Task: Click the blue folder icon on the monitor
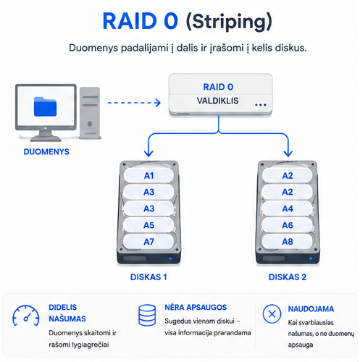[45, 106]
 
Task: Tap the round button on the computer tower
[90, 124]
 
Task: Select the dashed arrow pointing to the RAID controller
[134, 103]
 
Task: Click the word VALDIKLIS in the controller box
[217, 101]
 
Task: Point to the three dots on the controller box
[261, 105]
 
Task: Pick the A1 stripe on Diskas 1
[148, 175]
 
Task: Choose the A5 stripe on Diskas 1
[148, 225]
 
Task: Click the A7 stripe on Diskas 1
[148, 242]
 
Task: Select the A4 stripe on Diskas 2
[288, 209]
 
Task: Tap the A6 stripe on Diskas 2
[288, 225]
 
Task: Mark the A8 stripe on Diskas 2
[288, 242]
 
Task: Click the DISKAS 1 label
[148, 277]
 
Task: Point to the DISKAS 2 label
[288, 277]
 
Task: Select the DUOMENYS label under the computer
[46, 152]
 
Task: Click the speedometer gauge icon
[26, 316]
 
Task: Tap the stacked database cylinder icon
[147, 315]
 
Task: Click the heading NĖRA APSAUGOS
[196, 307]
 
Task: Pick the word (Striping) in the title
[229, 22]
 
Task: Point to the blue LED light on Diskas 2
[311, 258]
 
